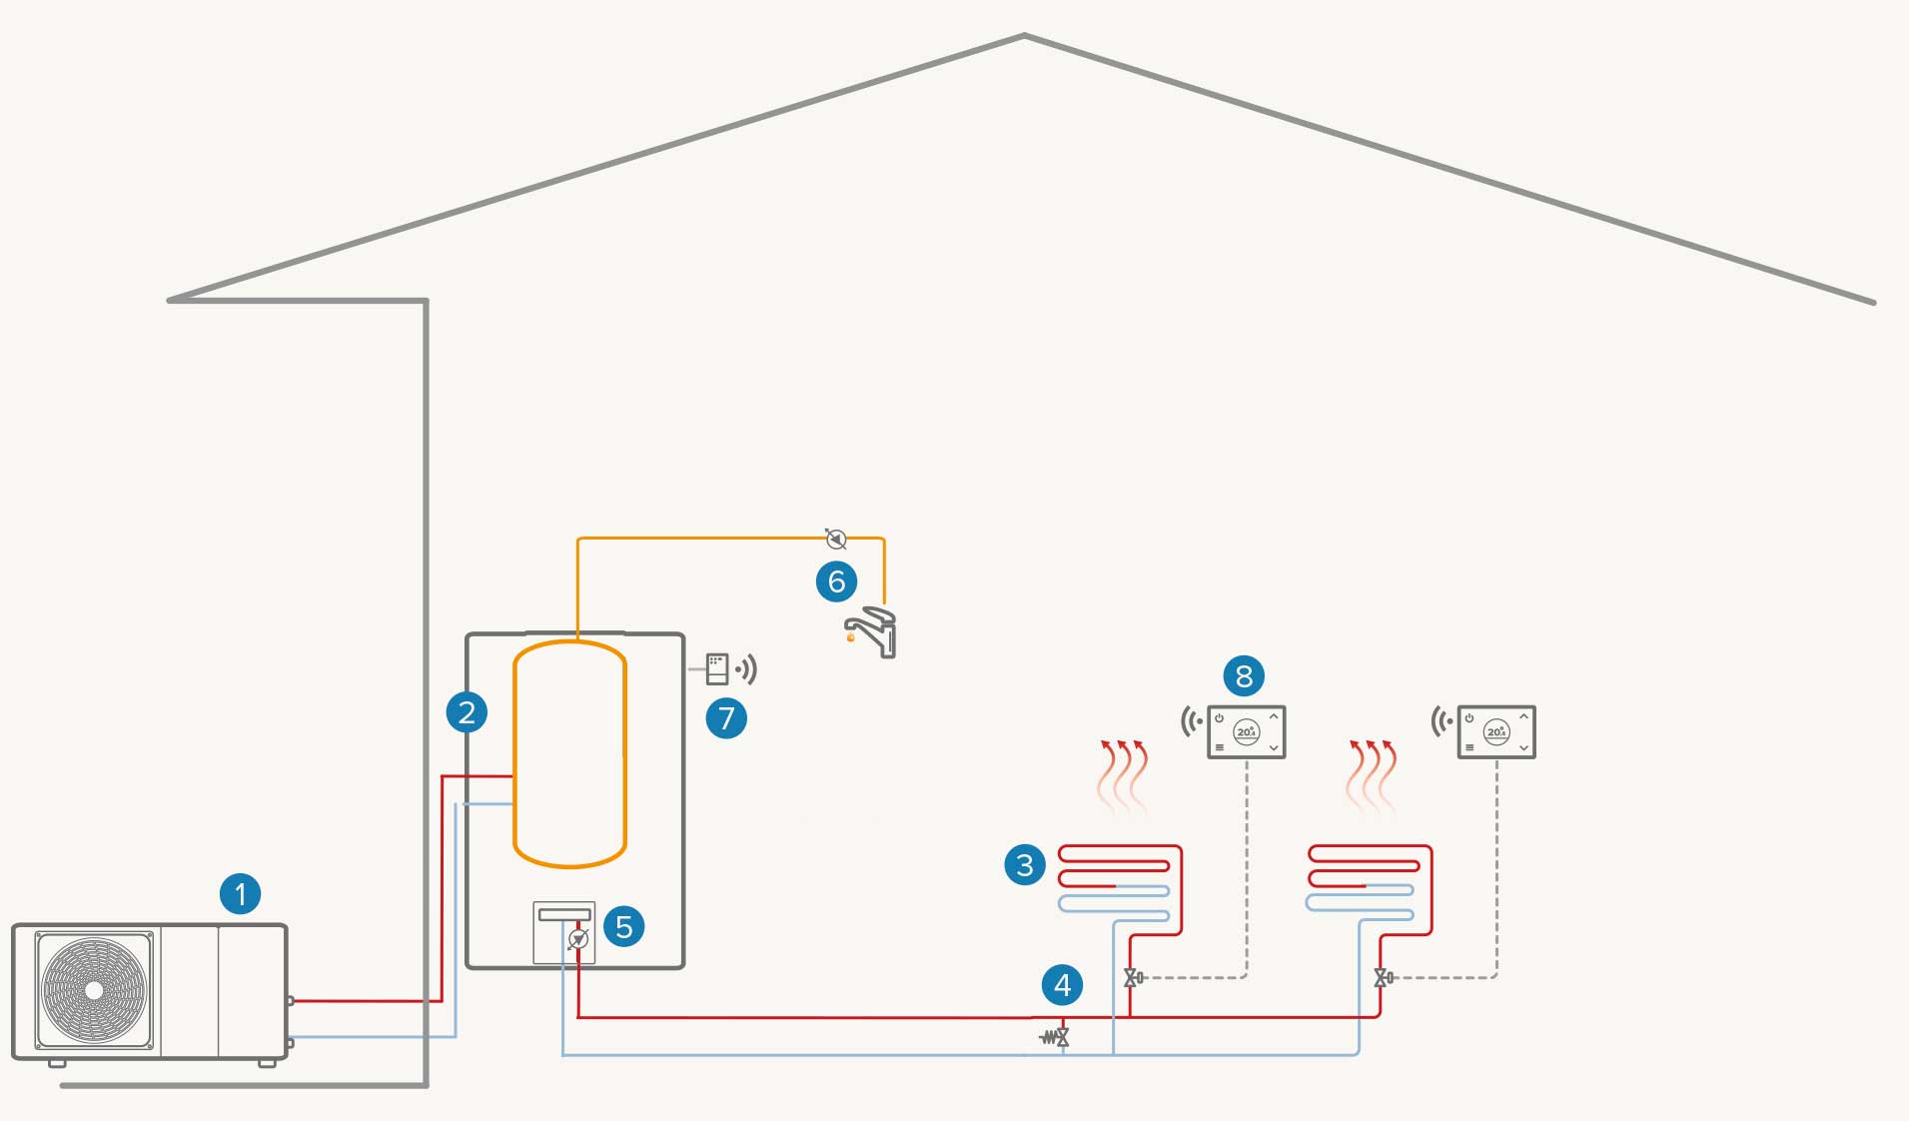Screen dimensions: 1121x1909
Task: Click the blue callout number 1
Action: click(x=240, y=894)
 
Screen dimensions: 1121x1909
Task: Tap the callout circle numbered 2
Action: click(x=467, y=712)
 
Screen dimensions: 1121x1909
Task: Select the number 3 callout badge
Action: click(x=1025, y=865)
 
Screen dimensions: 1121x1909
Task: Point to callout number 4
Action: click(x=1062, y=985)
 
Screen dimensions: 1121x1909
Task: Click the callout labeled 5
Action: click(x=624, y=926)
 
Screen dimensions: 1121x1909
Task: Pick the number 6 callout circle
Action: click(x=836, y=581)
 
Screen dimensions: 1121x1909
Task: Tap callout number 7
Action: click(x=726, y=718)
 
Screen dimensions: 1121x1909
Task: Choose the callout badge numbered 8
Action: click(x=1244, y=676)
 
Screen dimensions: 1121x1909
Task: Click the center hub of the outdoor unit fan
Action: click(x=94, y=990)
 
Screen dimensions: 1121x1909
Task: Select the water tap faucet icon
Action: click(x=873, y=630)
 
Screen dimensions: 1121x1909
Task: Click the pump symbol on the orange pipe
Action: click(x=836, y=539)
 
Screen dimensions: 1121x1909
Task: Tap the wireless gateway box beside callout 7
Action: click(x=717, y=668)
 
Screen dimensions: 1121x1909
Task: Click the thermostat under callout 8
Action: click(x=1246, y=732)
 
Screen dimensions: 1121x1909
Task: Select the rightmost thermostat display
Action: click(x=1495, y=732)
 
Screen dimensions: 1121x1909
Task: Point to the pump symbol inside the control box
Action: click(x=577, y=939)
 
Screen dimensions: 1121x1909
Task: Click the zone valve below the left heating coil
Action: click(x=1133, y=978)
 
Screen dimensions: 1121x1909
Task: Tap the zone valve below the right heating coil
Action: click(x=1383, y=978)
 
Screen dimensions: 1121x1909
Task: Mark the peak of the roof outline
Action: click(x=1024, y=37)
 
